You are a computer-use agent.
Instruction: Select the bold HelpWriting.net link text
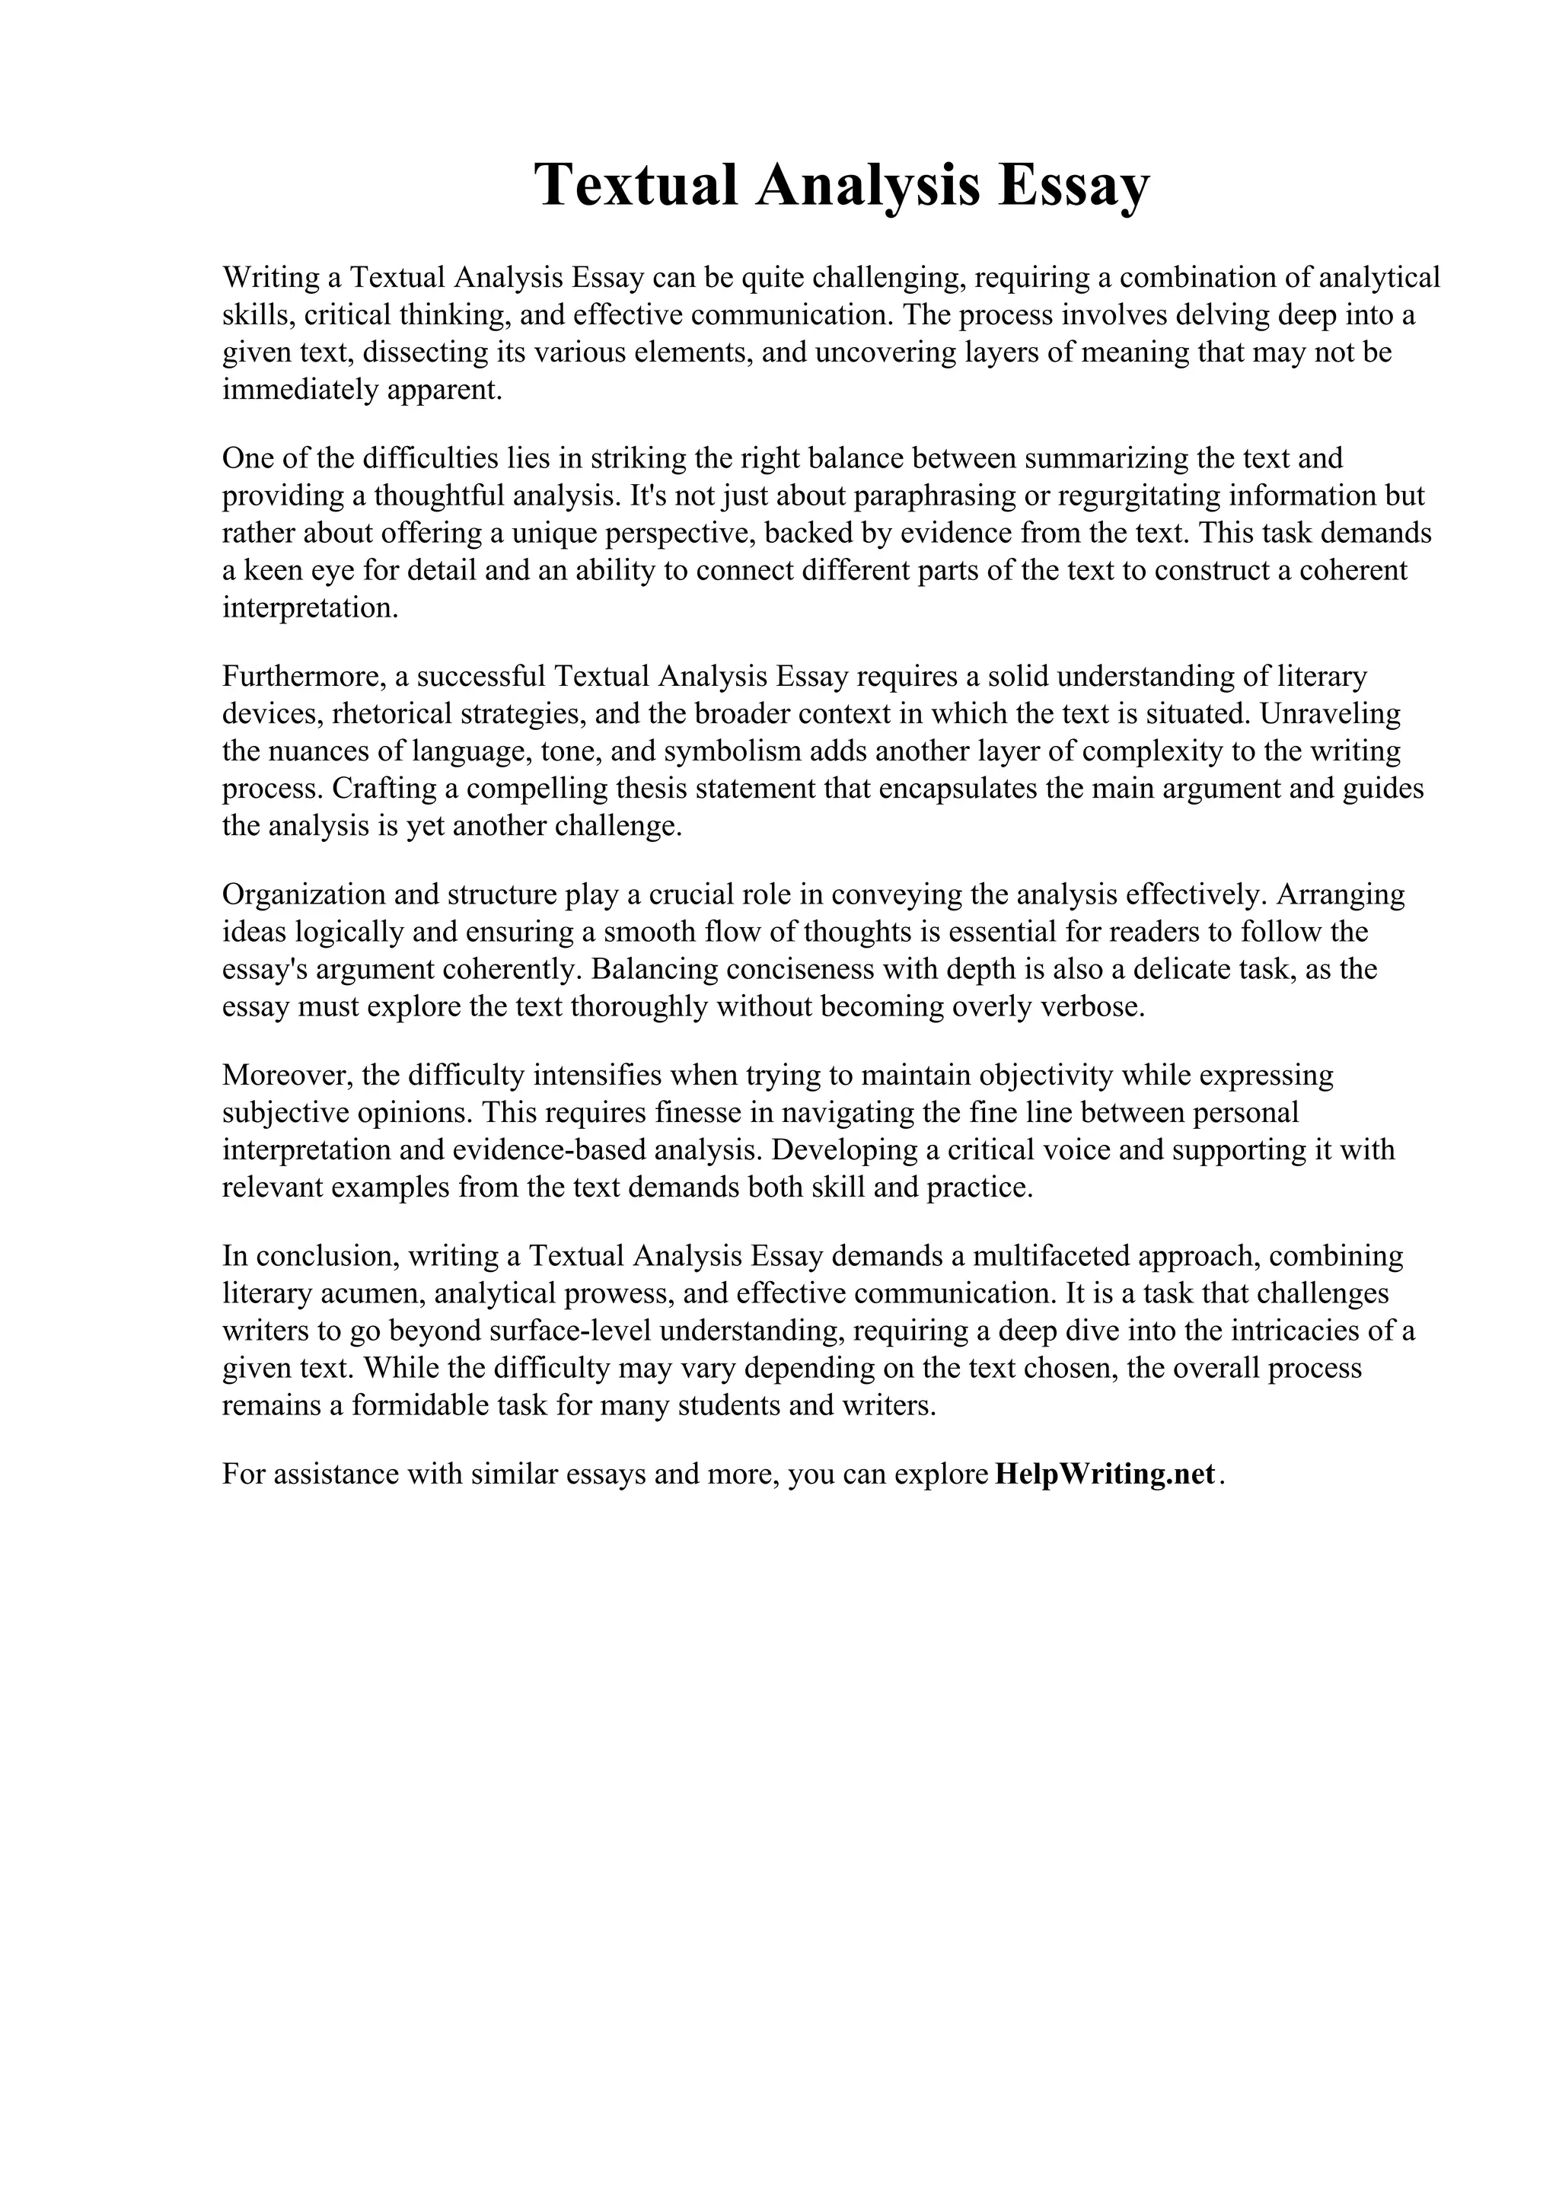coord(1105,1474)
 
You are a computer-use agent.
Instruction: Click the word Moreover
coord(279,1075)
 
